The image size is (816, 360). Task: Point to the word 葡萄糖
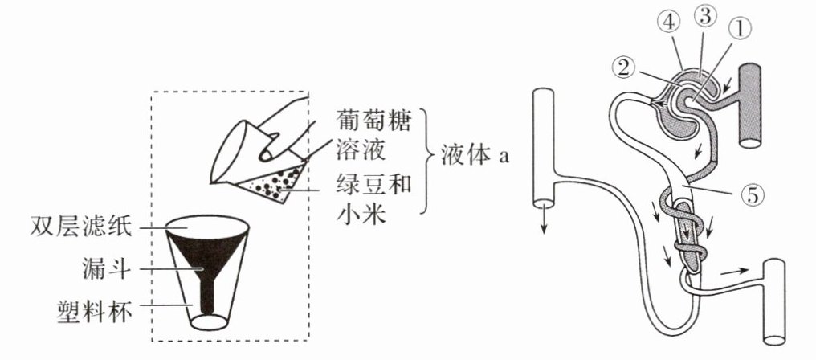373,123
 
